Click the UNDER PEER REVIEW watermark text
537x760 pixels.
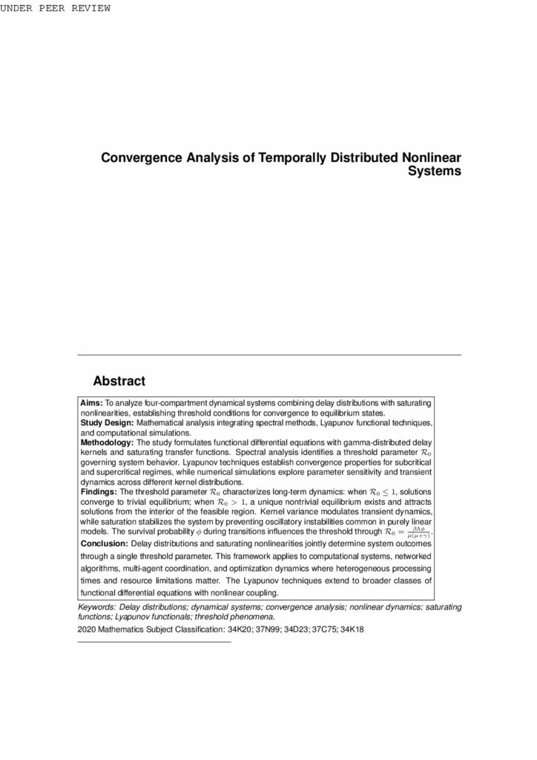coord(56,8)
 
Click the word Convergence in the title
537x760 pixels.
coord(138,158)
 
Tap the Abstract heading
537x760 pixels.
coord(119,381)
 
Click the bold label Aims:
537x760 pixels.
coord(92,402)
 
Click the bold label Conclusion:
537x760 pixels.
coord(104,543)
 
